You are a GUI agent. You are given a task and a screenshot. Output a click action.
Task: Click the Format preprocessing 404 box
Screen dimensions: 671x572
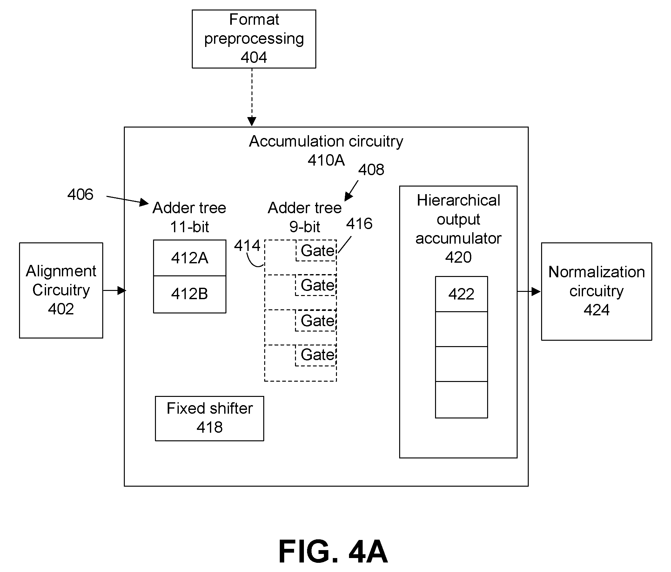tap(254, 39)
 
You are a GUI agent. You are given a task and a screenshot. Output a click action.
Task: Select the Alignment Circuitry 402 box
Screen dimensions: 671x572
tap(61, 290)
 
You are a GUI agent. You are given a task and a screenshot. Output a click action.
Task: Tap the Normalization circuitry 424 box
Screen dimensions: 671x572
tap(596, 291)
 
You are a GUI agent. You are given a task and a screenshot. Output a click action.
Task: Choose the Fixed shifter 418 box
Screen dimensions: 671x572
tap(210, 418)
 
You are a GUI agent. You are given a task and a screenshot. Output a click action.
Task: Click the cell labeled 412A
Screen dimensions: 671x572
tap(190, 258)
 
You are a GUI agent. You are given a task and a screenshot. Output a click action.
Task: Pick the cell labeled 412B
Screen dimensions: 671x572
tap(190, 294)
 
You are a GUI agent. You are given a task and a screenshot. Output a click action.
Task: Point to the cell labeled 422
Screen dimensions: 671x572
tap(461, 294)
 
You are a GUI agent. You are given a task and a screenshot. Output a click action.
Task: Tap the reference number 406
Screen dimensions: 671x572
tap(80, 194)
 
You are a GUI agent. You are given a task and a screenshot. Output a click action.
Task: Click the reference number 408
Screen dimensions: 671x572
tap(371, 169)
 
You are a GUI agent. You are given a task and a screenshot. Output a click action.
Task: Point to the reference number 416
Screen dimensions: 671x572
tap(359, 224)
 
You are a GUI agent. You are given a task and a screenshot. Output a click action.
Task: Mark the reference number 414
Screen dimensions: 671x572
tap(247, 246)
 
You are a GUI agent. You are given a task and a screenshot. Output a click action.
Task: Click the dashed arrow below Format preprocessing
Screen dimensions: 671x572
tap(252, 97)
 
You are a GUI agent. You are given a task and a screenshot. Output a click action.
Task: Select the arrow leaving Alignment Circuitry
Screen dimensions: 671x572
tap(115, 291)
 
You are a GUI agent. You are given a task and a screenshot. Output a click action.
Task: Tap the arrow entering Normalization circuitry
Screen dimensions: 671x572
tap(529, 292)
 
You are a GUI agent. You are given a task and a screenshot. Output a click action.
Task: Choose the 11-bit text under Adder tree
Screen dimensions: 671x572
tap(190, 227)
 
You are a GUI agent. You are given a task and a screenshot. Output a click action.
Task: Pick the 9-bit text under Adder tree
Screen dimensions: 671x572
tap(305, 227)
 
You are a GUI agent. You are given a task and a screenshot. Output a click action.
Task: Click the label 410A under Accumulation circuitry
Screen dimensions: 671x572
tap(326, 160)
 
